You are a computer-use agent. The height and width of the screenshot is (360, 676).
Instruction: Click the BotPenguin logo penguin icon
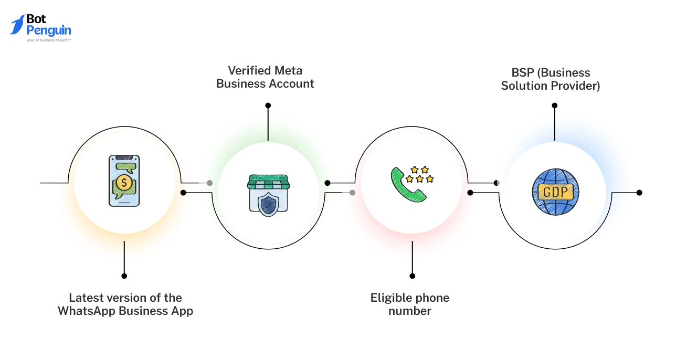pyautogui.click(x=17, y=25)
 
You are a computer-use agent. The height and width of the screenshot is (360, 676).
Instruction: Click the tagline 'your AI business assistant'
pyautogui.click(x=49, y=40)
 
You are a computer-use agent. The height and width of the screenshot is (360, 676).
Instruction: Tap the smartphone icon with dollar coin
pyautogui.click(x=124, y=181)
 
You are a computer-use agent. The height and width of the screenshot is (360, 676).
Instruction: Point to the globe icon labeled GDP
pyautogui.click(x=555, y=192)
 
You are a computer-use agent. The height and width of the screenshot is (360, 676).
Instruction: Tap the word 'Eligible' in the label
pyautogui.click(x=392, y=298)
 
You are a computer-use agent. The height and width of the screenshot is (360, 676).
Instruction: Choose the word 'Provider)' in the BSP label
pyautogui.click(x=577, y=86)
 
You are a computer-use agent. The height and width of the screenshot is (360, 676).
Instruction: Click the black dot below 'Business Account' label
pyautogui.click(x=268, y=105)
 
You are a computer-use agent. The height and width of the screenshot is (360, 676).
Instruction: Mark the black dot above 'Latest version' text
pyautogui.click(x=124, y=276)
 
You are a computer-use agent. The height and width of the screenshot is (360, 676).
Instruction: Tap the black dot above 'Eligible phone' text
pyautogui.click(x=413, y=276)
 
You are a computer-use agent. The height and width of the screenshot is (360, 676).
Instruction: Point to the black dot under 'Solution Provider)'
pyautogui.click(x=555, y=105)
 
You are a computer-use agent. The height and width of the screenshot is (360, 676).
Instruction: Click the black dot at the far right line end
pyautogui.click(x=639, y=193)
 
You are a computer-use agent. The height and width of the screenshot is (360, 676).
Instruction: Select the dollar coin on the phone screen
pyautogui.click(x=124, y=183)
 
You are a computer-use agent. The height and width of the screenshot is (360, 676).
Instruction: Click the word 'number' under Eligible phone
pyautogui.click(x=410, y=311)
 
